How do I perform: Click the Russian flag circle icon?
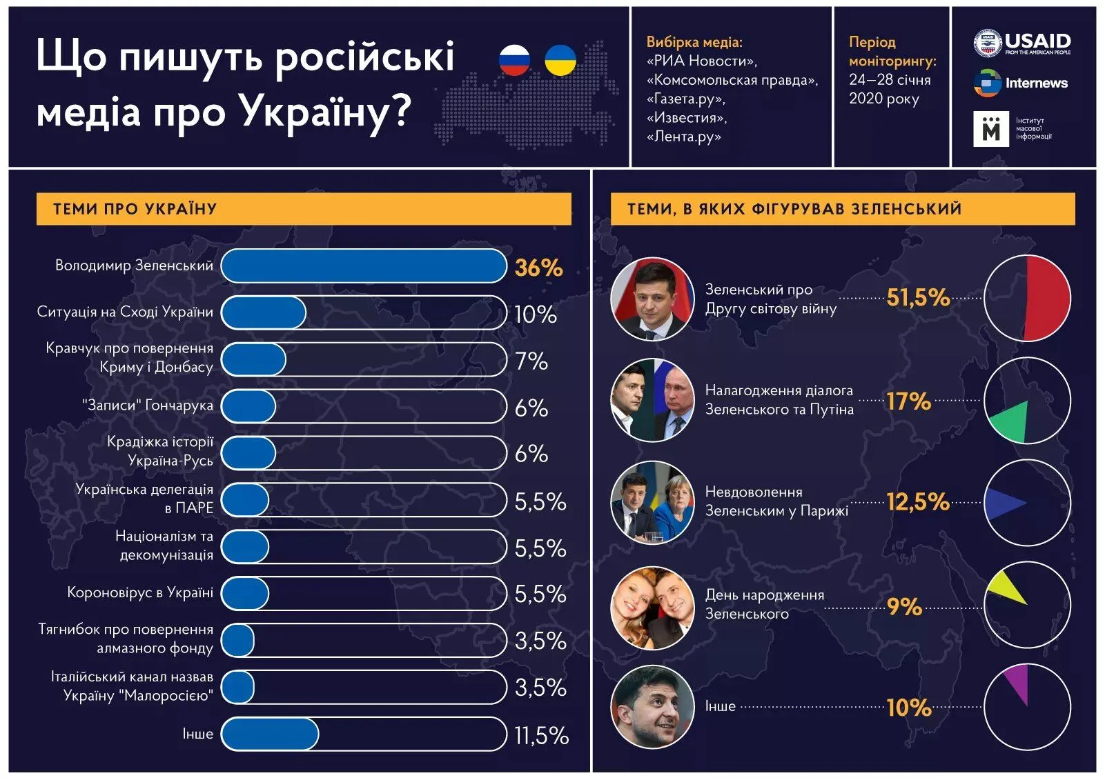pos(514,60)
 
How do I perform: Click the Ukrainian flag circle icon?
pos(560,60)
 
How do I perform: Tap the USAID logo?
pos(1023,43)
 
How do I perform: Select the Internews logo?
pos(1021,83)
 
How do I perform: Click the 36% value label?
pos(538,268)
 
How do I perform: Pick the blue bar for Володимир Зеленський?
pos(364,266)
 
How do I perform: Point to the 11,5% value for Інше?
pos(541,735)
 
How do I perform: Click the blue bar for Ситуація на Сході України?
pos(264,313)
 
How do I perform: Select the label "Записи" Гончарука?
pos(148,406)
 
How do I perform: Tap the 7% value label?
pos(531,361)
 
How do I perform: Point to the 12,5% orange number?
pos(918,501)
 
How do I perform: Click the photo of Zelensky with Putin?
pos(652,400)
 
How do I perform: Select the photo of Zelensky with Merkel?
pos(652,502)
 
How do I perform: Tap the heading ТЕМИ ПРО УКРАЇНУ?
pos(135,209)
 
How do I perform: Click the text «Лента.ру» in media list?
pos(683,137)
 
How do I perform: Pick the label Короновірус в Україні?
pos(140,592)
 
